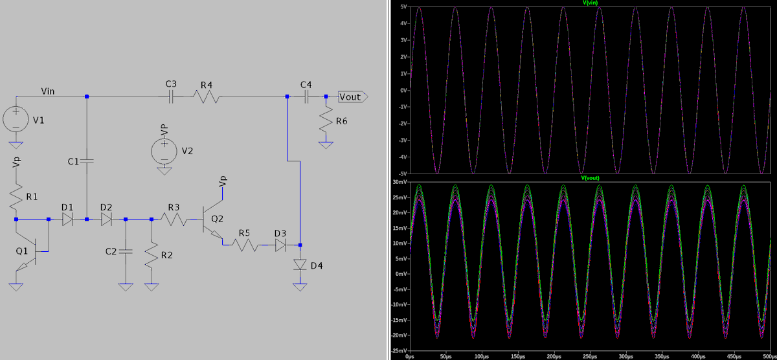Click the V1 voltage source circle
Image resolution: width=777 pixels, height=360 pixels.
tap(16, 119)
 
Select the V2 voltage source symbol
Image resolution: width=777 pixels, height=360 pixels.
tap(164, 152)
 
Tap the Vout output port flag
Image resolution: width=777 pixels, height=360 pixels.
tap(353, 96)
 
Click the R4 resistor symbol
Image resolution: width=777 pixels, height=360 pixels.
tap(207, 96)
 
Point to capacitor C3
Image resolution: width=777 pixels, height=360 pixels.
tap(170, 96)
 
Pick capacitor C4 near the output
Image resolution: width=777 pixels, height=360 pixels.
tap(306, 96)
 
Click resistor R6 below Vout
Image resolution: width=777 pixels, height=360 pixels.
tap(326, 119)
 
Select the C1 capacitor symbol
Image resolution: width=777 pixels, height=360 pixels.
tap(87, 161)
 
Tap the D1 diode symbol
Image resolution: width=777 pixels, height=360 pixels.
tap(67, 219)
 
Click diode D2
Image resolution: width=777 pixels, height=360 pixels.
tap(106, 219)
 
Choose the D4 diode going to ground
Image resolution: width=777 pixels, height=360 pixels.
tap(300, 265)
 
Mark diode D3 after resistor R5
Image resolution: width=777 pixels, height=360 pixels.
tap(280, 245)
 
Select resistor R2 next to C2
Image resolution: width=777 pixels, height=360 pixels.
tap(152, 255)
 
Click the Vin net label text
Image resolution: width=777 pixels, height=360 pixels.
tap(48, 91)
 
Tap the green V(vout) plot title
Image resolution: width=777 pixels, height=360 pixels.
tap(590, 178)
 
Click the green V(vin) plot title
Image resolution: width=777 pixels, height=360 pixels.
tap(590, 3)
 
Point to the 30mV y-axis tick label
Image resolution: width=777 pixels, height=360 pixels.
tap(400, 182)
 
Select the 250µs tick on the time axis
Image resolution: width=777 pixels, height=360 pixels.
tap(590, 357)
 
